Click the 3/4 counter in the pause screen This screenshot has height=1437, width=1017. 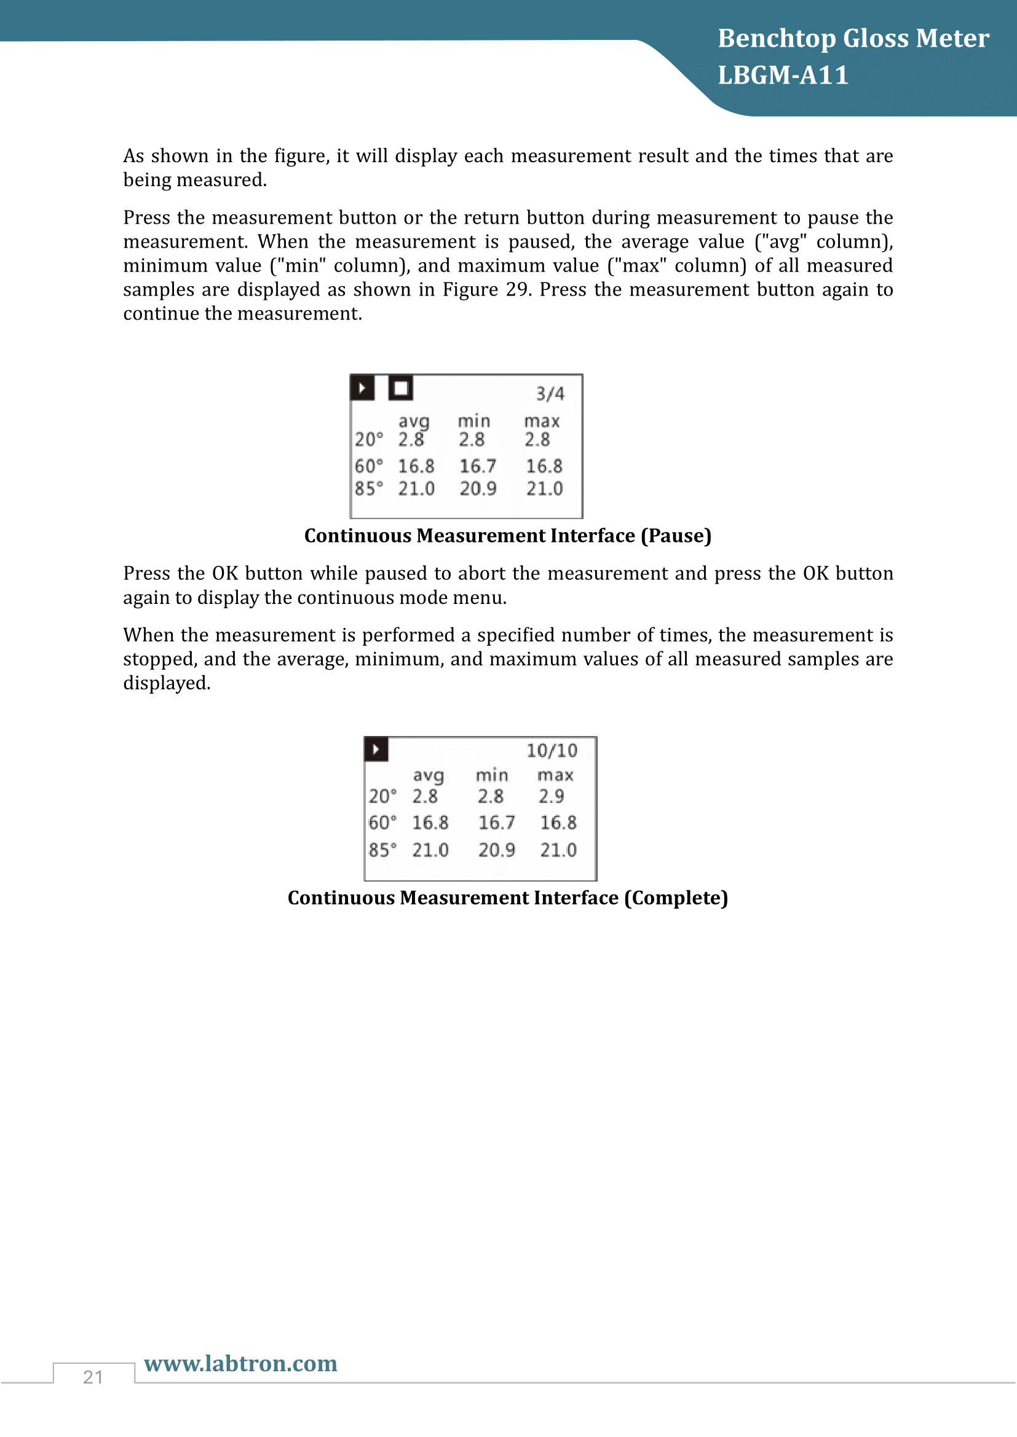click(x=550, y=394)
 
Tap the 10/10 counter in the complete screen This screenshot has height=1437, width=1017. click(x=552, y=750)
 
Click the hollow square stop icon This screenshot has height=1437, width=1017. click(x=401, y=388)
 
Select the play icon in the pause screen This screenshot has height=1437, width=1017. click(x=363, y=388)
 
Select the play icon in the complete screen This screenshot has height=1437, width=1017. click(x=376, y=749)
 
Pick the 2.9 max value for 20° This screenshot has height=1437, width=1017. click(x=551, y=796)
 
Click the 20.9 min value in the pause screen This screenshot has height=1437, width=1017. click(x=478, y=489)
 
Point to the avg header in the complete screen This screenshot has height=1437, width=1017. click(x=429, y=776)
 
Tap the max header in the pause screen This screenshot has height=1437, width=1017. click(x=542, y=422)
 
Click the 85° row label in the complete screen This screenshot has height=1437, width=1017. click(x=382, y=850)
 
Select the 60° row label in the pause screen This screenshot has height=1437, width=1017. click(x=369, y=466)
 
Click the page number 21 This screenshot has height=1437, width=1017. click(x=93, y=1377)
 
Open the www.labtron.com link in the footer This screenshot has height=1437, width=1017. click(x=240, y=1363)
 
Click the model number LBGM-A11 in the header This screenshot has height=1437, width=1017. click(x=783, y=75)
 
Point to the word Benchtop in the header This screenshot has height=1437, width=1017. click(x=777, y=38)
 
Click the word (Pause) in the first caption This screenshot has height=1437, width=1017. click(x=676, y=536)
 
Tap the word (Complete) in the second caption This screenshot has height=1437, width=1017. click(x=676, y=898)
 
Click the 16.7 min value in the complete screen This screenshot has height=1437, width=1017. click(x=497, y=823)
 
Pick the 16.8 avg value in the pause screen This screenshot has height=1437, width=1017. click(x=416, y=466)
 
